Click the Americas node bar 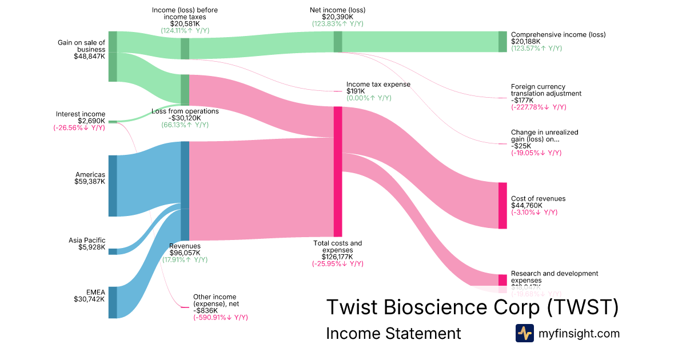[113, 186]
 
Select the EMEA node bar [113, 302]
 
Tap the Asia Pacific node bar [113, 251]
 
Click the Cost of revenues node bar [502, 206]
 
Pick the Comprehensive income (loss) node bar [502, 42]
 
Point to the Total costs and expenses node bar [338, 171]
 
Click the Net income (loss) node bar [338, 42]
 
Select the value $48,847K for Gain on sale [89, 57]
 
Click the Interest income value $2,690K [91, 121]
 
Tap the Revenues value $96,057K [185, 253]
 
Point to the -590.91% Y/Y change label [220, 317]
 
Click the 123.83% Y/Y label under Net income [337, 23]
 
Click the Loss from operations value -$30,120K [185, 118]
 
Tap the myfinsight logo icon [524, 333]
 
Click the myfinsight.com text [579, 333]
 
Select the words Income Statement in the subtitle [393, 333]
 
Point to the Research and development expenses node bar [502, 280]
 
